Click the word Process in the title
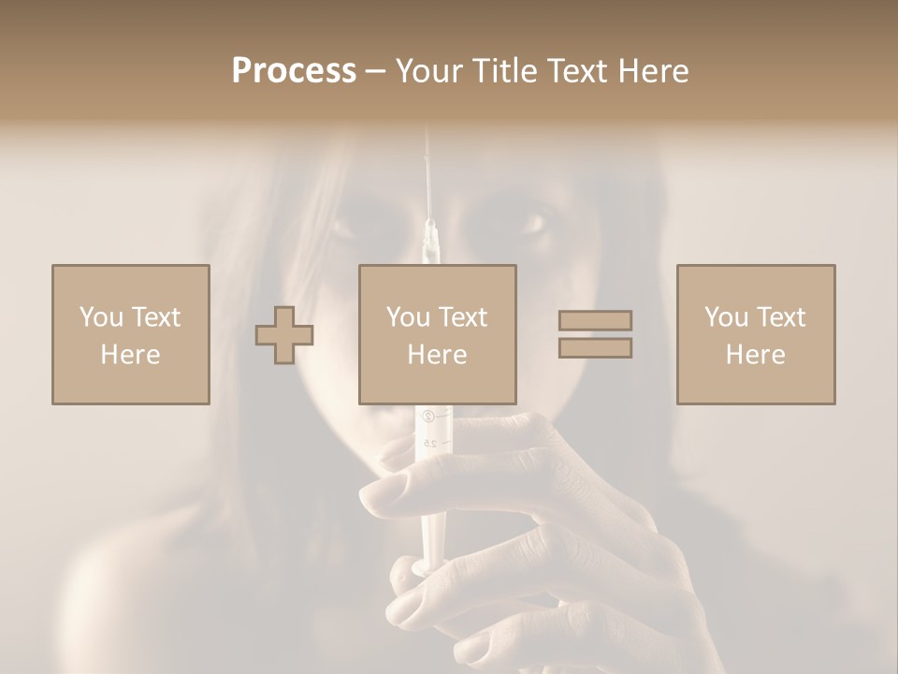(x=294, y=71)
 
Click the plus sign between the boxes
(x=284, y=335)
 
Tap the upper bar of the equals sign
(x=595, y=321)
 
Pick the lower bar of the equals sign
(x=595, y=348)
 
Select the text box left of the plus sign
(x=130, y=335)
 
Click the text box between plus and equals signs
(x=437, y=335)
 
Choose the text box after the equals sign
(x=755, y=335)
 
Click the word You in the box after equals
(x=725, y=317)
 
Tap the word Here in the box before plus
(x=130, y=355)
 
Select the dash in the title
(x=376, y=71)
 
